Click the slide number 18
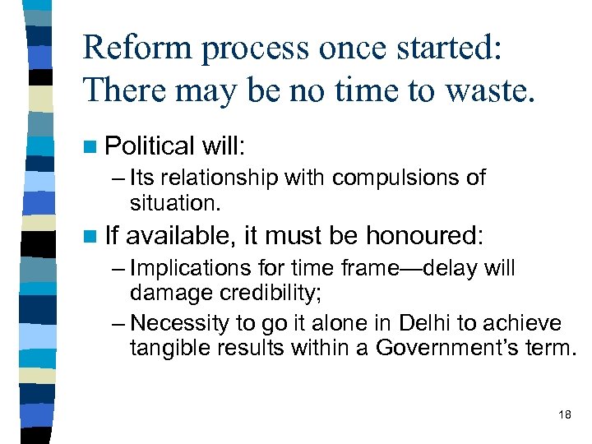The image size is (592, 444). click(x=564, y=414)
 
